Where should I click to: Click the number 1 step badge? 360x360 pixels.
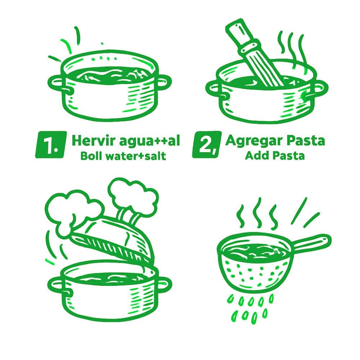(x=51, y=145)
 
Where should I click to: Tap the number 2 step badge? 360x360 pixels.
(x=207, y=145)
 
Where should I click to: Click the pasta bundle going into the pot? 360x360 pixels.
(x=255, y=55)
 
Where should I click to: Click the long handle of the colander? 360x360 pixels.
(x=312, y=243)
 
